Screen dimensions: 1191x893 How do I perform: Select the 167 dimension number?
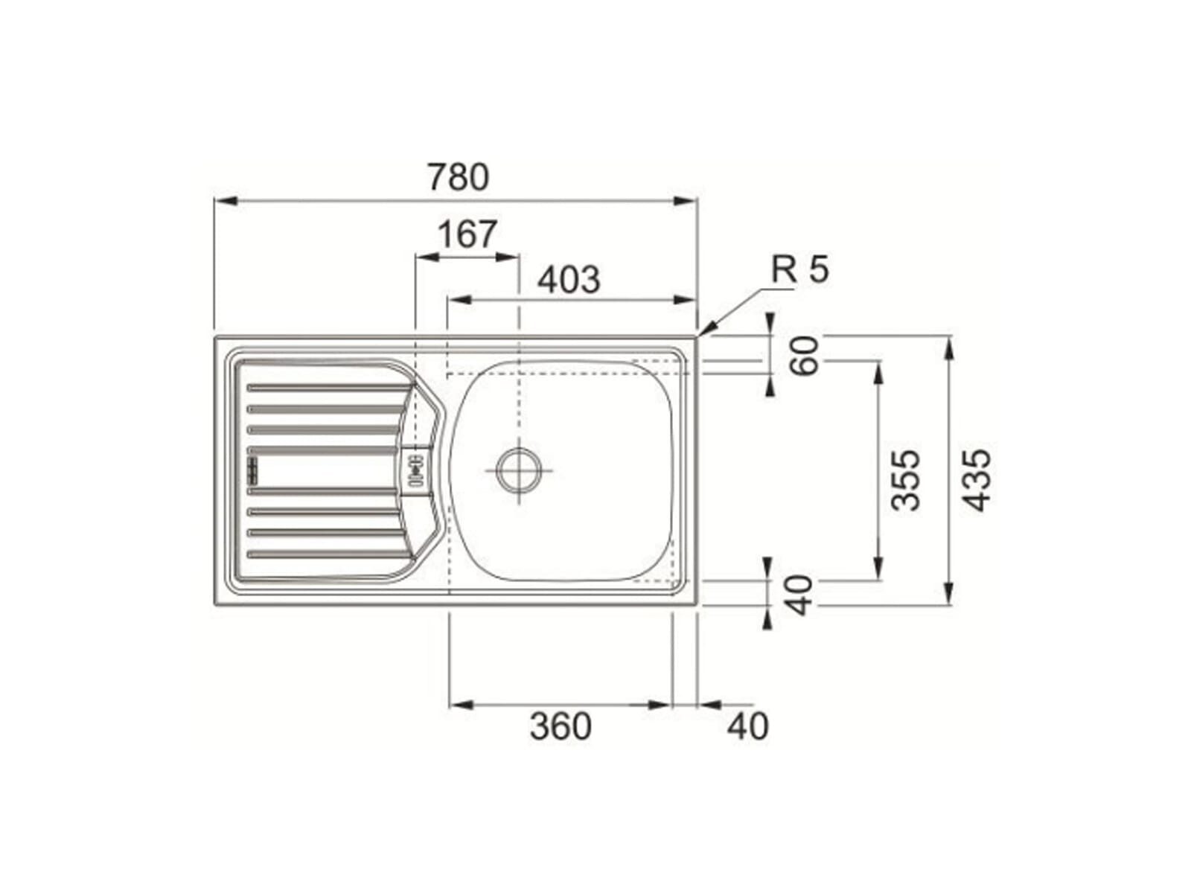[467, 234]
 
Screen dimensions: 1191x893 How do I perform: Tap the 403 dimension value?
[569, 280]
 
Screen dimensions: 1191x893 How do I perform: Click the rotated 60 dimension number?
[804, 356]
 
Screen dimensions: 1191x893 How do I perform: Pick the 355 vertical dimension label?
[906, 480]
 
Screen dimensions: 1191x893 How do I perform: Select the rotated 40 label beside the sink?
[799, 595]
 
